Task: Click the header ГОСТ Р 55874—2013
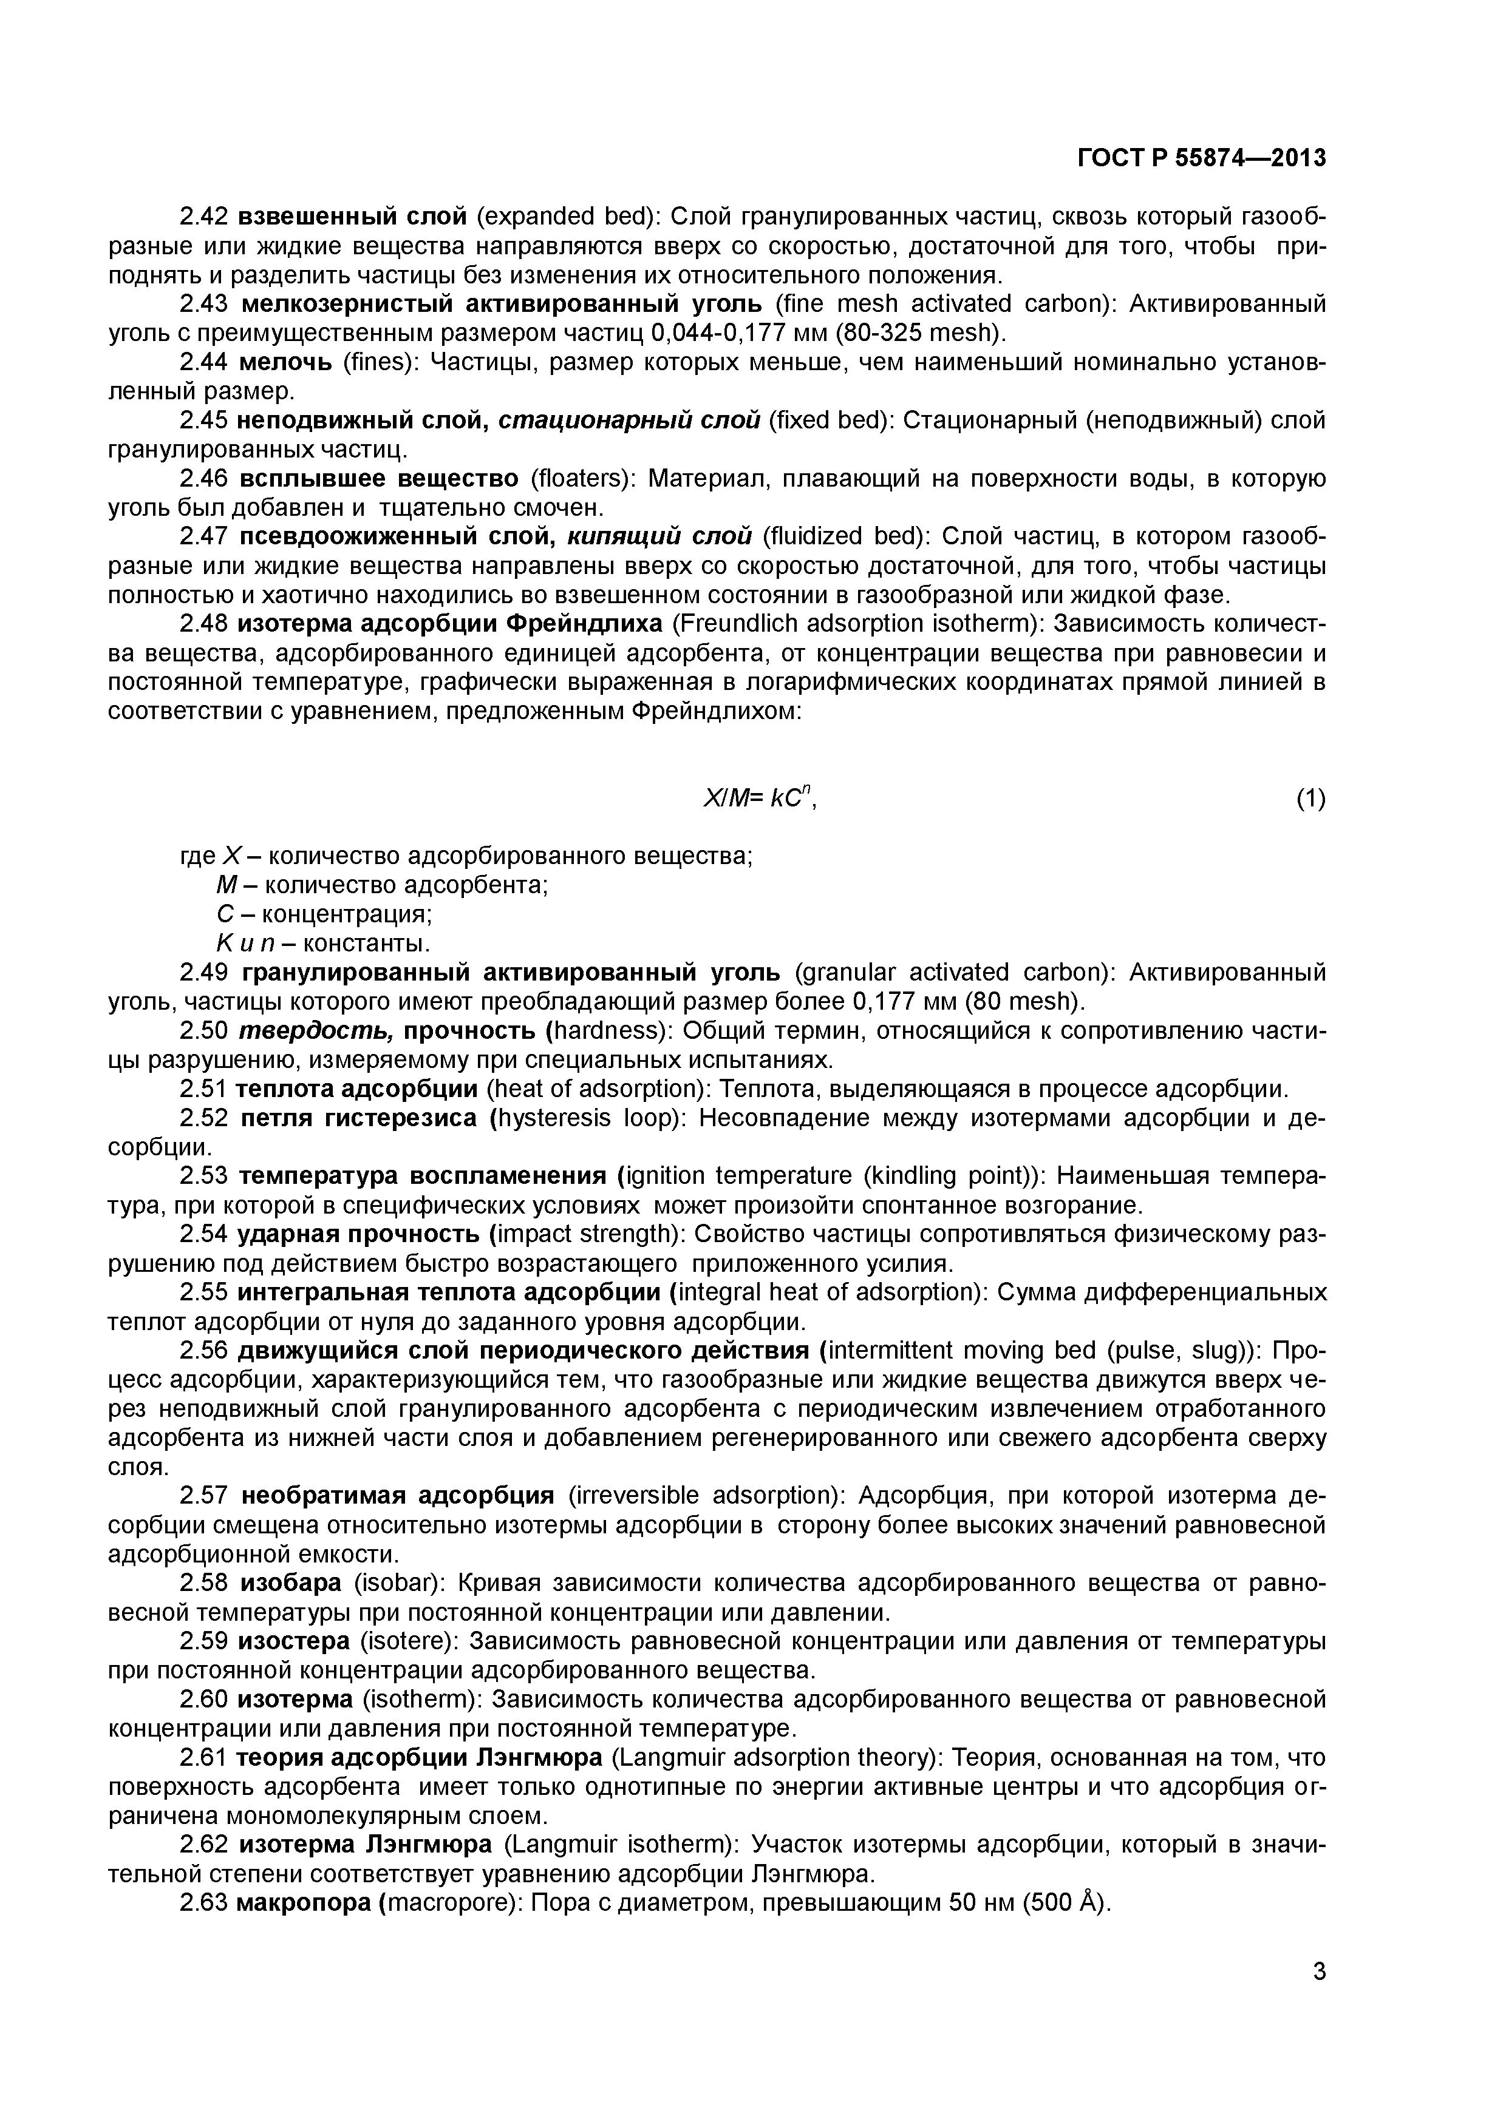click(x=1201, y=158)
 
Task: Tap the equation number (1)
click(x=1309, y=799)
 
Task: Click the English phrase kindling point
click(x=948, y=1176)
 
